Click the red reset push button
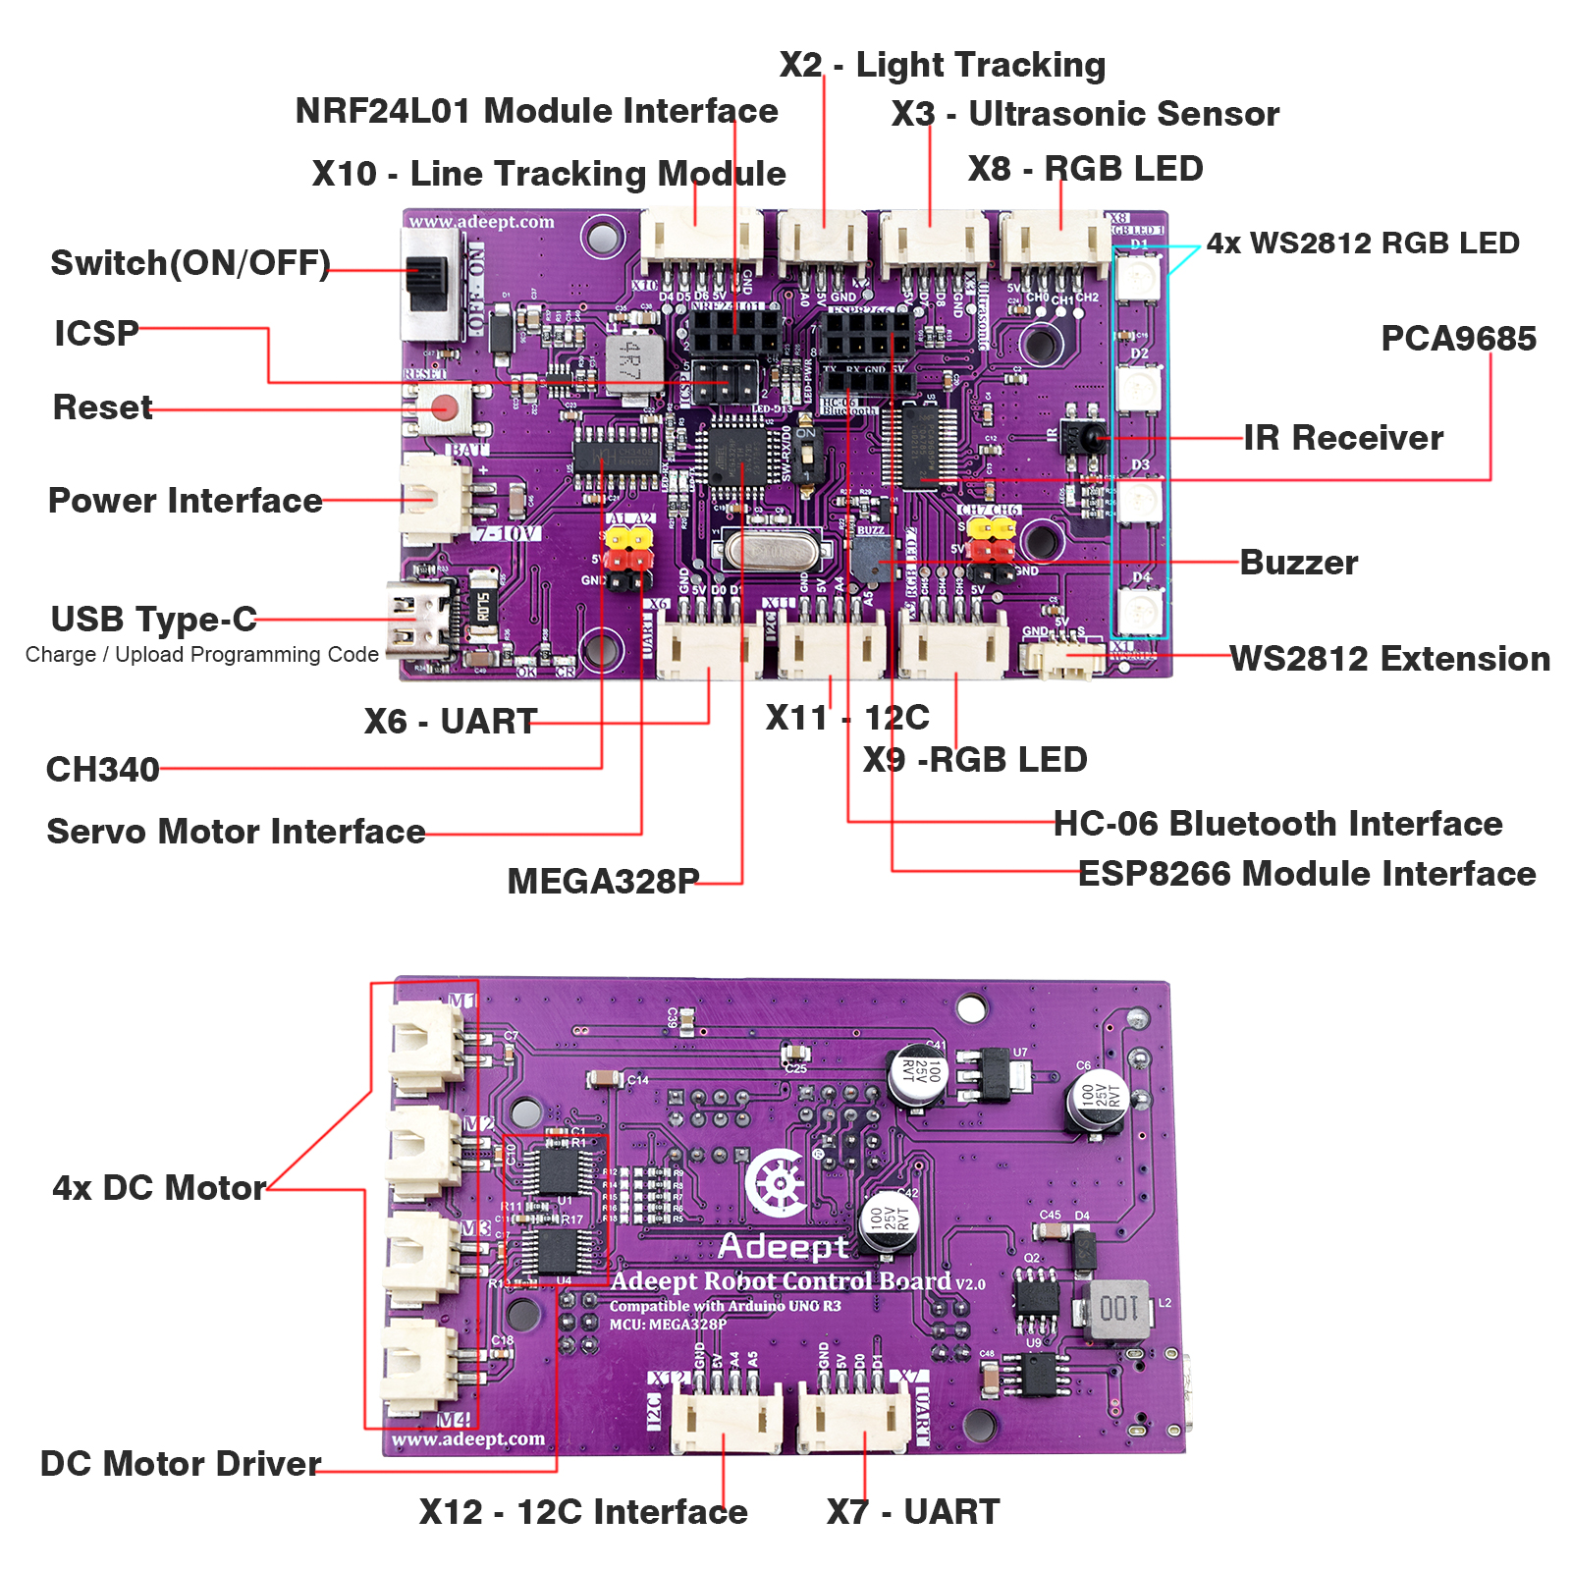point(445,406)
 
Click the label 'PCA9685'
point(1458,339)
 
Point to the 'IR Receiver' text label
point(1343,438)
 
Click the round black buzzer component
point(870,561)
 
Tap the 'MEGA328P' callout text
point(603,881)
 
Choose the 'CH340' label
point(103,769)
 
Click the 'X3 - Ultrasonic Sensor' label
point(1085,114)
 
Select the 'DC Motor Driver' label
point(181,1463)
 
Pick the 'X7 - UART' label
point(913,1511)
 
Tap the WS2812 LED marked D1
point(1139,278)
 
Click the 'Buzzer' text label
point(1299,563)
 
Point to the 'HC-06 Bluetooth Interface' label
point(1277,823)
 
